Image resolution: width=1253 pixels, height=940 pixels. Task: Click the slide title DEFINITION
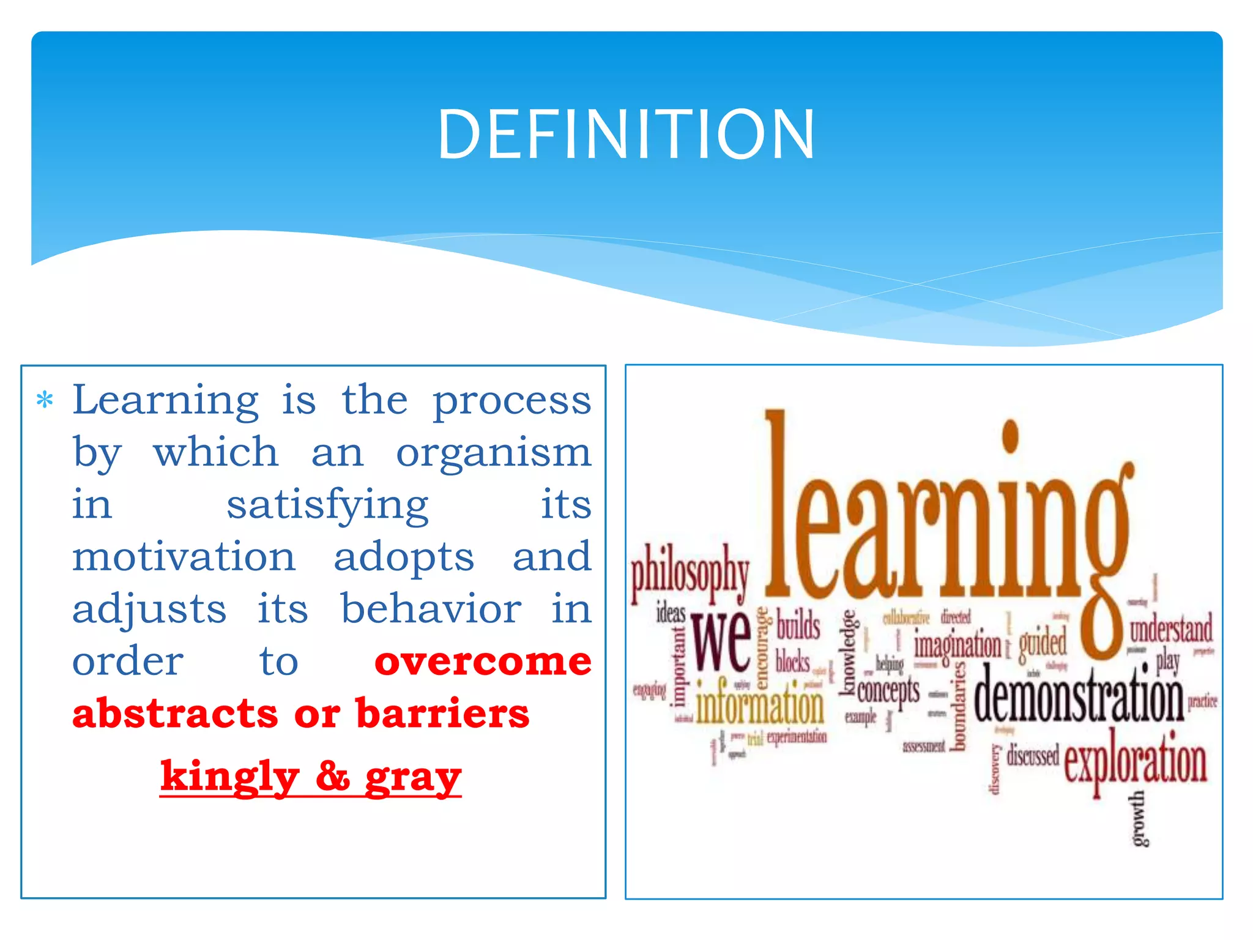pyautogui.click(x=626, y=135)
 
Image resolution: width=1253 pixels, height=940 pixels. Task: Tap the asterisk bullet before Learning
pyautogui.click(x=45, y=401)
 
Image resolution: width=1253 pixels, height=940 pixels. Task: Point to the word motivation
pyautogui.click(x=184, y=558)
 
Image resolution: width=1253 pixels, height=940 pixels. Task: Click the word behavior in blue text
pyautogui.click(x=431, y=610)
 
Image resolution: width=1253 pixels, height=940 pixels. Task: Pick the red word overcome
pyautogui.click(x=483, y=662)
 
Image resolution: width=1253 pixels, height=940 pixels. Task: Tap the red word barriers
pyautogui.click(x=442, y=714)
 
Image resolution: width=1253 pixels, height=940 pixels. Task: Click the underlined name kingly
pyautogui.click(x=229, y=777)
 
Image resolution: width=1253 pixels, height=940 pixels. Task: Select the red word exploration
pyautogui.click(x=1136, y=763)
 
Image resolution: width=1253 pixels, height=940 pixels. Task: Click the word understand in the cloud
pyautogui.click(x=1170, y=629)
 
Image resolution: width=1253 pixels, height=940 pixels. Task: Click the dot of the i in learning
pyautogui.click(x=1010, y=436)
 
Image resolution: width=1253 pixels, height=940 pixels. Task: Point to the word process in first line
pyautogui.click(x=511, y=401)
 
